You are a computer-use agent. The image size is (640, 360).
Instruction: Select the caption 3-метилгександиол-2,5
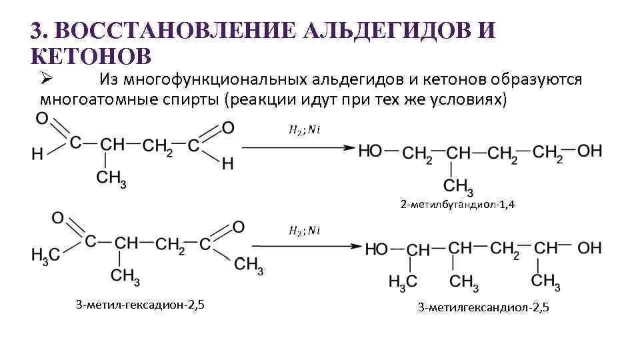[x=483, y=307]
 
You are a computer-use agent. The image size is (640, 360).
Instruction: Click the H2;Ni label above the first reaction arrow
[x=305, y=130]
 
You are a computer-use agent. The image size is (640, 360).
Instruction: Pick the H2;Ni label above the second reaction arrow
[x=305, y=231]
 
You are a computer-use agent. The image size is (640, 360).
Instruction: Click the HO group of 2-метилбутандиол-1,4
[x=371, y=151]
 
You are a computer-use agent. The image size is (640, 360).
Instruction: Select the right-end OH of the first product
[x=589, y=151]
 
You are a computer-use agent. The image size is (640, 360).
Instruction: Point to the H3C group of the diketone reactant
[x=45, y=254]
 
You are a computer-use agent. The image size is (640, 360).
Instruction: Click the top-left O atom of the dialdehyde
[x=42, y=119]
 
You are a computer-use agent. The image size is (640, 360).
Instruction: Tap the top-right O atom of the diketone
[x=238, y=227]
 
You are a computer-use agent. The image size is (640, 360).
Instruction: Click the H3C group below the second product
[x=403, y=281]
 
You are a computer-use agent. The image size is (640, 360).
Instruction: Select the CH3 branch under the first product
[x=459, y=185]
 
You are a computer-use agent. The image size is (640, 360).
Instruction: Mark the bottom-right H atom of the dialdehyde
[x=228, y=163]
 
